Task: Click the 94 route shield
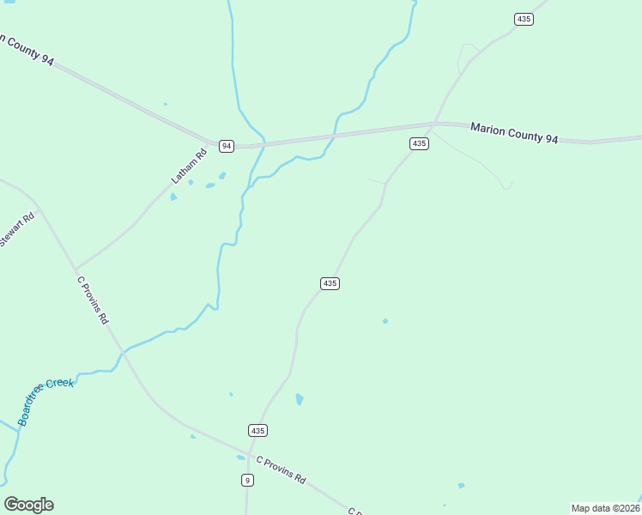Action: click(x=226, y=146)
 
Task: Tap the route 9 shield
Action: click(x=247, y=481)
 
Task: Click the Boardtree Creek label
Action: click(x=46, y=401)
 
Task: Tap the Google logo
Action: click(x=28, y=505)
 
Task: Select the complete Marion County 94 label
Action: click(x=514, y=133)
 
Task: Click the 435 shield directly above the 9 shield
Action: click(x=258, y=430)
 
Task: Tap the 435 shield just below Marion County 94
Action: click(x=418, y=144)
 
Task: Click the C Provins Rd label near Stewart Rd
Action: click(x=93, y=300)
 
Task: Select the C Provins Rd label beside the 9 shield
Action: click(x=281, y=470)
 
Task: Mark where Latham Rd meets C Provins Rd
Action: click(x=76, y=269)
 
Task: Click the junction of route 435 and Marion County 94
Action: click(x=434, y=124)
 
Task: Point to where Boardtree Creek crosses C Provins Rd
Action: click(x=124, y=352)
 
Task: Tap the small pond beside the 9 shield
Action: click(x=240, y=457)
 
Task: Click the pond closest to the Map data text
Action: click(x=461, y=486)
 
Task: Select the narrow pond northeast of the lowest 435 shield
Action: click(x=299, y=399)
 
